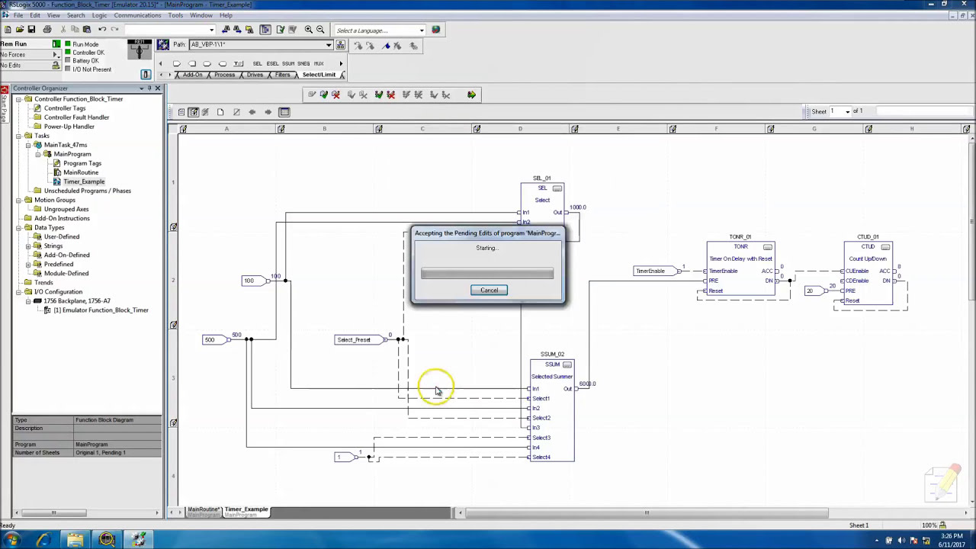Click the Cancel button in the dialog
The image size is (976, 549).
[x=489, y=290]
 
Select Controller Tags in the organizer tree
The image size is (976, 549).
[x=64, y=108]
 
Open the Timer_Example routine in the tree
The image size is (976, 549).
[x=83, y=181]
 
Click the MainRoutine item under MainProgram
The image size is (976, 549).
[x=80, y=172]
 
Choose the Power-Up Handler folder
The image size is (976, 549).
[x=69, y=127]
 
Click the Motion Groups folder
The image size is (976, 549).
[x=54, y=200]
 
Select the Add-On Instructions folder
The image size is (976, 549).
[x=61, y=218]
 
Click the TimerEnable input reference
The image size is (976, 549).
[x=650, y=271]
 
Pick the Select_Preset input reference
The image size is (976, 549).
[x=354, y=340]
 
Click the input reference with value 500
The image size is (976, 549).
[x=210, y=340]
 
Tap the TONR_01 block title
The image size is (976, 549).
[x=740, y=237]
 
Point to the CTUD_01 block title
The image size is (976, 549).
[x=868, y=237]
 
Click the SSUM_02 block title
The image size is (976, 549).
[x=552, y=355]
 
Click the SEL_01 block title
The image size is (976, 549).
[x=541, y=178]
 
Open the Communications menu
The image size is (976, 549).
[x=137, y=15]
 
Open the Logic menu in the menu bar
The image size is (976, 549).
[x=99, y=15]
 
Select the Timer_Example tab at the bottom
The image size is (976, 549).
[x=246, y=509]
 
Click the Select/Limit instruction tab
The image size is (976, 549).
[x=319, y=75]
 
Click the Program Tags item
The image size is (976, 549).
[x=82, y=163]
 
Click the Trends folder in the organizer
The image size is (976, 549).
[x=43, y=282]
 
